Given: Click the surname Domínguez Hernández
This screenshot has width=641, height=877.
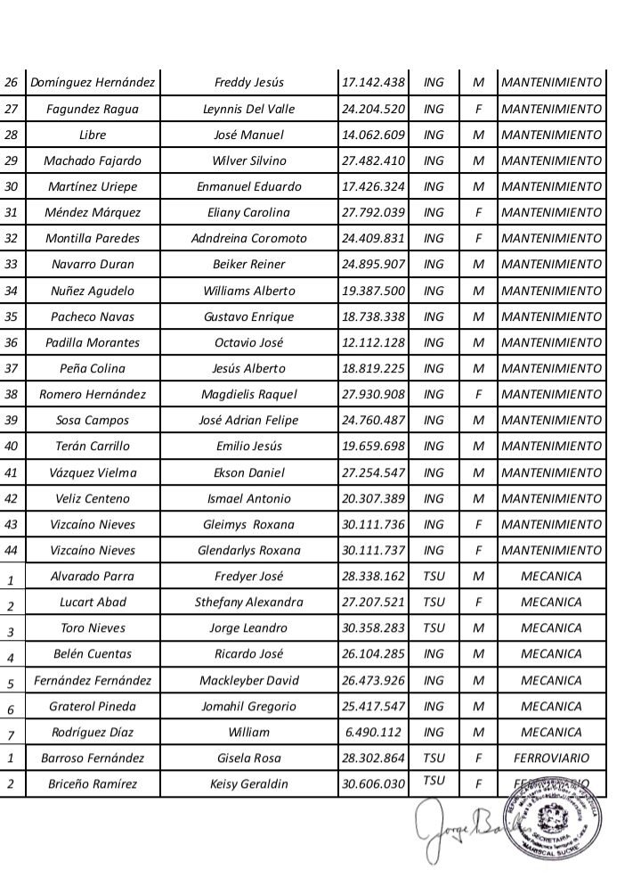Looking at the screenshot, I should (x=93, y=83).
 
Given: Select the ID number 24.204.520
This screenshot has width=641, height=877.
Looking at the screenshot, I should (x=373, y=109).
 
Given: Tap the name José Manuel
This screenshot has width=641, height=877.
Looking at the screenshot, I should (x=249, y=135).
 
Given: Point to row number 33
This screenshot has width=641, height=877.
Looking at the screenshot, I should (x=12, y=265).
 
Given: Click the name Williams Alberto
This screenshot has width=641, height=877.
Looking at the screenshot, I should (x=249, y=291).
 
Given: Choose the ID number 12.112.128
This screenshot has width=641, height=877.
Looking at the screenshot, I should (x=373, y=342).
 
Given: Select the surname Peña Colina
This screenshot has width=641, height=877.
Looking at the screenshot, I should (x=93, y=368).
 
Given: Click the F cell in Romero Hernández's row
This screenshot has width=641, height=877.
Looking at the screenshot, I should (x=478, y=394).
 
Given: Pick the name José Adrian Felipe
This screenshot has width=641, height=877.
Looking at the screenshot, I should (x=249, y=420).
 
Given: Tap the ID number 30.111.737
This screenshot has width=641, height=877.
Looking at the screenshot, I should (x=373, y=550).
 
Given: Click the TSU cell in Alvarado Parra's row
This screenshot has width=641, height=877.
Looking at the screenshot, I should (x=434, y=576).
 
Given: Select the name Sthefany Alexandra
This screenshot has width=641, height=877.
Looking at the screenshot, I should (x=249, y=602).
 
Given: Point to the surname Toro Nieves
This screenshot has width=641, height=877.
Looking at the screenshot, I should (x=93, y=627).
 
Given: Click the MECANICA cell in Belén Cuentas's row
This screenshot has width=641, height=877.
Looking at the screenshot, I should (x=551, y=653).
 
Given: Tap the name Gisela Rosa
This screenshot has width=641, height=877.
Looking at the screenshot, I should (x=249, y=758).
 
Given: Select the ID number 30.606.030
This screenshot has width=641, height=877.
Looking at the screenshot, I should (x=373, y=784).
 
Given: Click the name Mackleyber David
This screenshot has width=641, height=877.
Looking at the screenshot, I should (x=249, y=681).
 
